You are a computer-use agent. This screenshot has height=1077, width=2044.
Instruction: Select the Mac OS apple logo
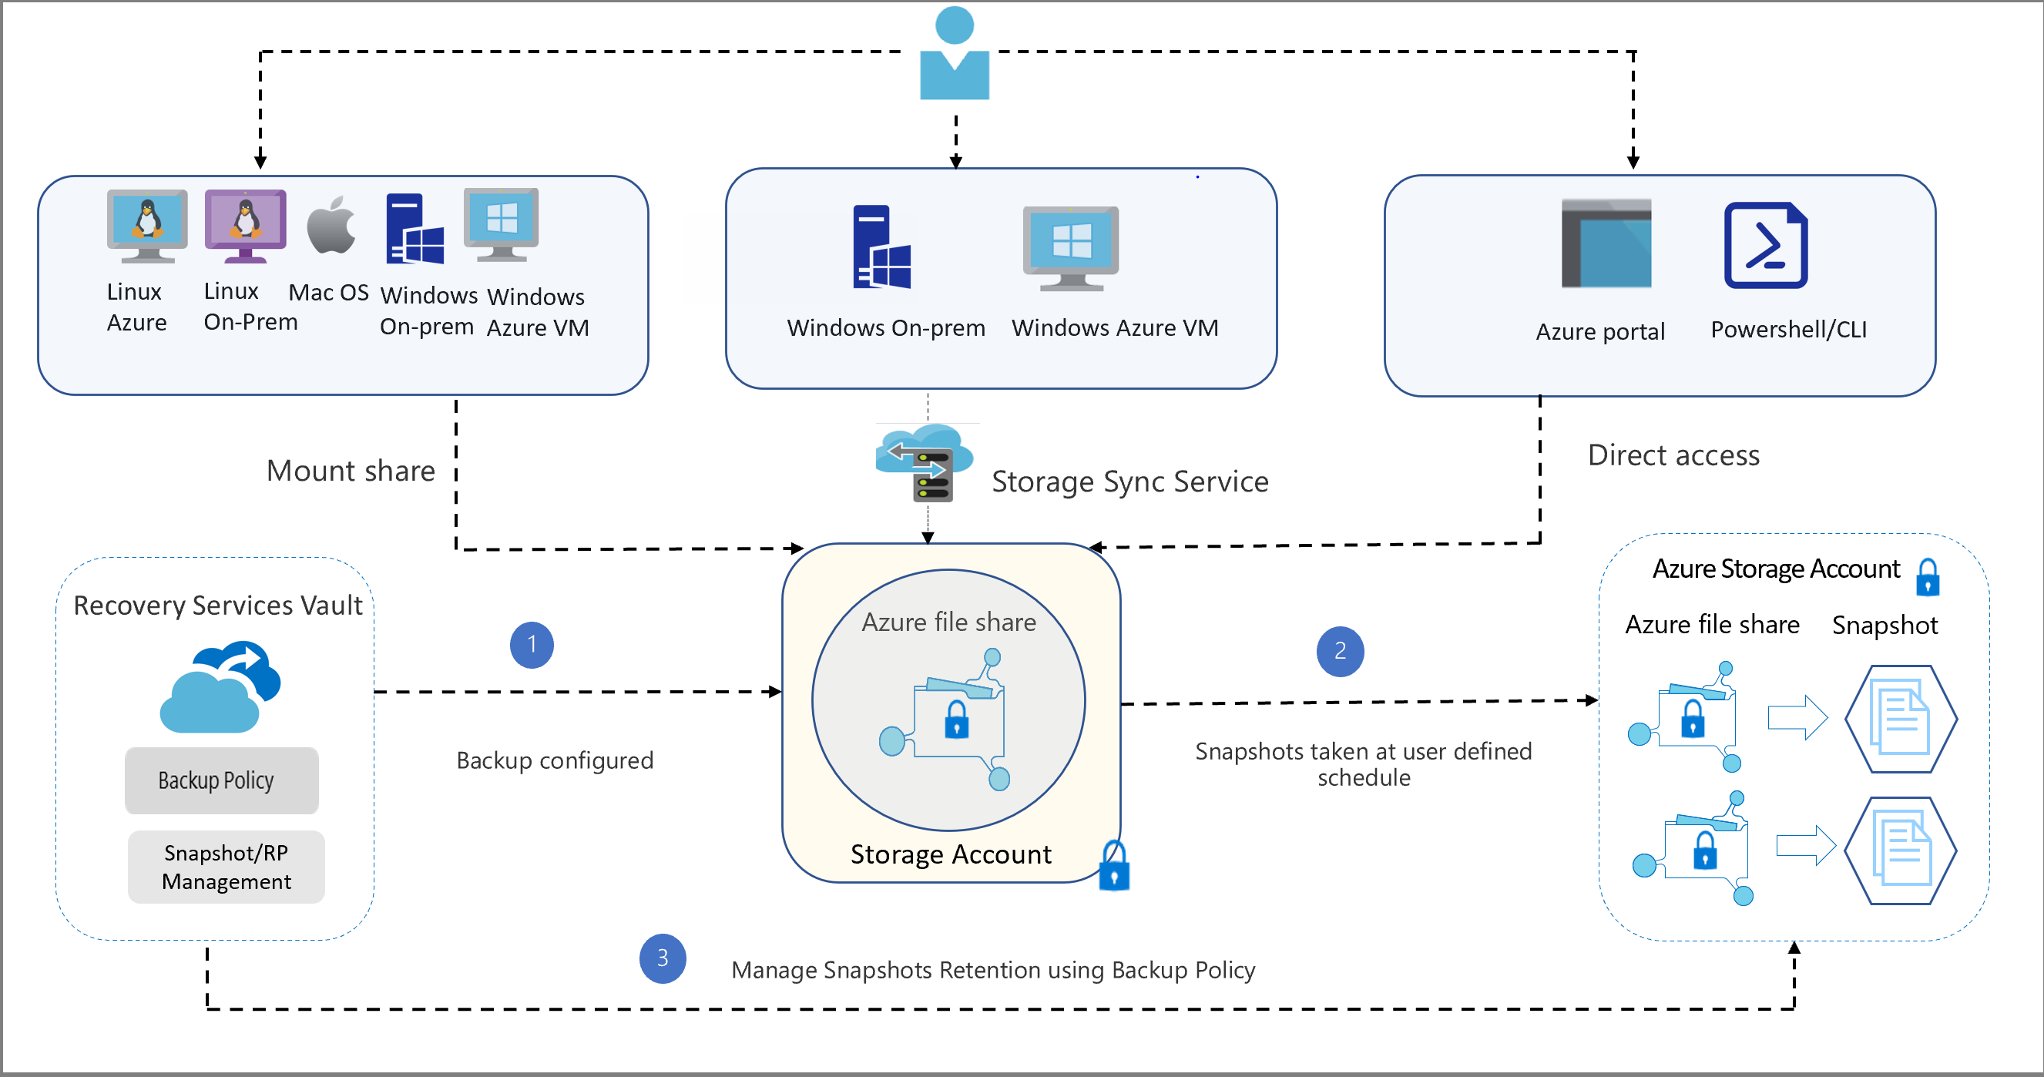[x=331, y=226]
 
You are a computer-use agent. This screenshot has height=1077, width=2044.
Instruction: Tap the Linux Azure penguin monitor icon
[x=147, y=226]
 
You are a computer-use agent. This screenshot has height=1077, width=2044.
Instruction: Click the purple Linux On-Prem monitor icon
[x=245, y=226]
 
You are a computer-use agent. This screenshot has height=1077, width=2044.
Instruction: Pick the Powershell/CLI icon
[x=1766, y=245]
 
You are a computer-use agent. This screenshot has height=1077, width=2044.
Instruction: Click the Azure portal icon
[x=1606, y=243]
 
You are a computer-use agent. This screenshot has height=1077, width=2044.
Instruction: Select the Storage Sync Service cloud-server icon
[x=925, y=462]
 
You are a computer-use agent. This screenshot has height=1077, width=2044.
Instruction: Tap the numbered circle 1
[x=532, y=645]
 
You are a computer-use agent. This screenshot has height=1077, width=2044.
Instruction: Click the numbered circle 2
[x=1340, y=652]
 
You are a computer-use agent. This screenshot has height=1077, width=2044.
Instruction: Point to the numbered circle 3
[x=663, y=958]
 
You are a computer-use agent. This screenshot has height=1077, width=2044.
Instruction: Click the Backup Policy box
[x=221, y=780]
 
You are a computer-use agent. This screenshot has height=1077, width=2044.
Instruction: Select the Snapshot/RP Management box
[x=227, y=867]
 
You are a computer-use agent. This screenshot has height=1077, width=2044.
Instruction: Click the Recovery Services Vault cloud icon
[x=220, y=687]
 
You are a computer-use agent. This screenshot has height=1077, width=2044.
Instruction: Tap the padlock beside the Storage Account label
[x=1114, y=867]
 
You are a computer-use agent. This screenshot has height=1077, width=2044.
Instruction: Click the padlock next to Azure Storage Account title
[x=1928, y=577]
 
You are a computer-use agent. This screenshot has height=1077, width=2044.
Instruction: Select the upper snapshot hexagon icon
[x=1901, y=719]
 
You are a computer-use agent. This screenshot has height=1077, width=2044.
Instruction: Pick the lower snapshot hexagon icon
[x=1901, y=851]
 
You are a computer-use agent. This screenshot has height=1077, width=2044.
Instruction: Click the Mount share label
[x=351, y=471]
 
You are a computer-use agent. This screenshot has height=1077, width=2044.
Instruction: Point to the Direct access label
[x=1673, y=455]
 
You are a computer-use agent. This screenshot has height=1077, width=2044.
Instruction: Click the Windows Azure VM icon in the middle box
[x=1070, y=248]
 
